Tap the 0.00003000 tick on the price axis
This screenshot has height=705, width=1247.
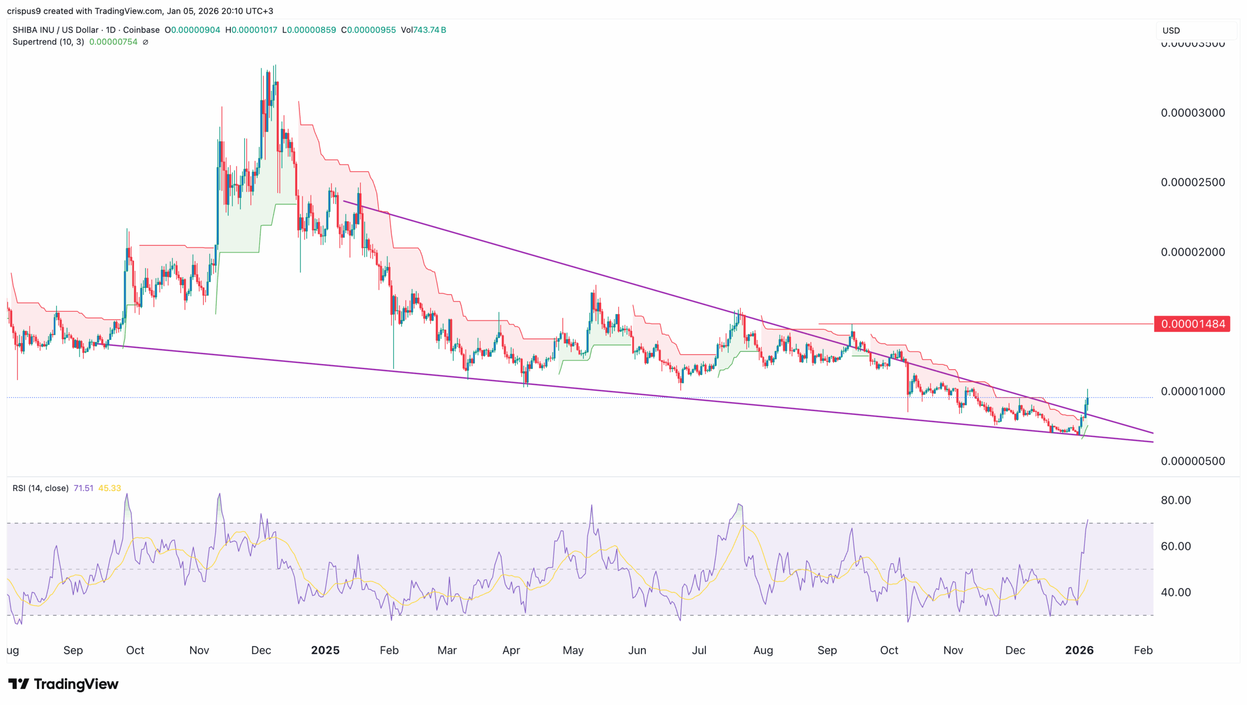1192,113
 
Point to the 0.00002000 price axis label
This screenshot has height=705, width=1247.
1192,252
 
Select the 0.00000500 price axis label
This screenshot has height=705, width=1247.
1192,461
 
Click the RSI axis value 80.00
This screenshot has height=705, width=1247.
1175,500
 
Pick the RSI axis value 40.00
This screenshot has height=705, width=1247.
1175,592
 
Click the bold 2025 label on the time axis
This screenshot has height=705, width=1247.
325,650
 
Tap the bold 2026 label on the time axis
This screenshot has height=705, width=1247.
1079,650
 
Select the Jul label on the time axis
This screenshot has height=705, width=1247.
699,650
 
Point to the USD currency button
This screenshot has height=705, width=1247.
1171,31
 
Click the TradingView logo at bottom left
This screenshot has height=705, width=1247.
63,684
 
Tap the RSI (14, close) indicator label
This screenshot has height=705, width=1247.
40,488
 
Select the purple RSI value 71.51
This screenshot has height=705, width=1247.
83,488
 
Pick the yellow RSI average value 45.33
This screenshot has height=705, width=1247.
110,488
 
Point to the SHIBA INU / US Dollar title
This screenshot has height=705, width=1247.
56,30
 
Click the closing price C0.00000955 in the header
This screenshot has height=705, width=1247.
368,30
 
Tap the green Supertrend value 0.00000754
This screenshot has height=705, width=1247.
113,42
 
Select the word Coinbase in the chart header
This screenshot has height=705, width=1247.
141,30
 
